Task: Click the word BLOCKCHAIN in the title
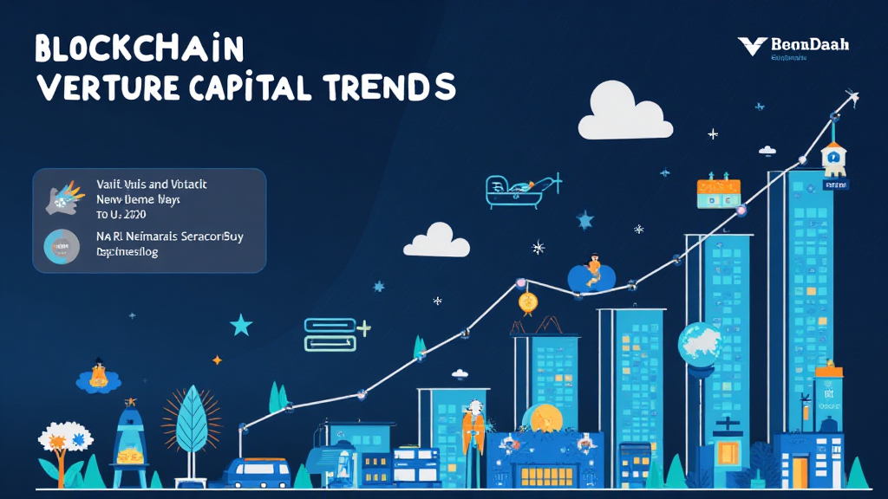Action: pyautogui.click(x=139, y=50)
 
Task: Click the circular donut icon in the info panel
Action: pyautogui.click(x=62, y=246)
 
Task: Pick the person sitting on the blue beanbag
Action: pyautogui.click(x=593, y=271)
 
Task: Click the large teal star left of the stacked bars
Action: pyautogui.click(x=240, y=326)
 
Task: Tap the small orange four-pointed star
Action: pyautogui.click(x=217, y=360)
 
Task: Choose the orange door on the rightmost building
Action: pyautogui.click(x=799, y=473)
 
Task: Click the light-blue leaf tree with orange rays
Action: pyautogui.click(x=191, y=425)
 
